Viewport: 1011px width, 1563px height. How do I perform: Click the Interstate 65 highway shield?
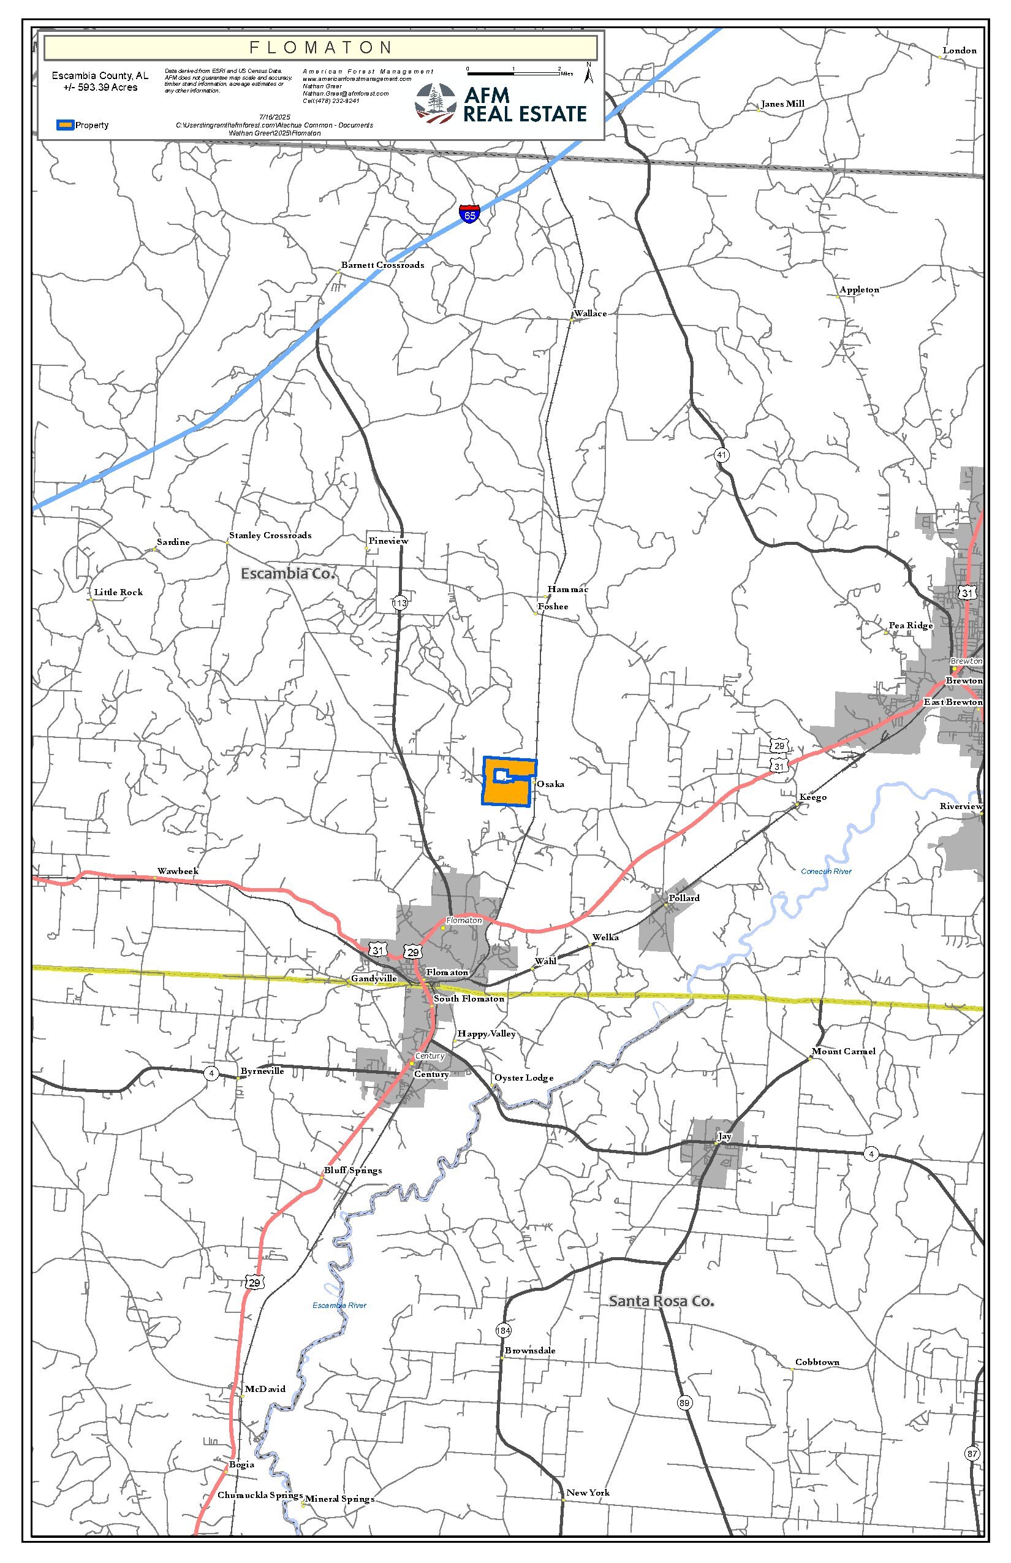469,214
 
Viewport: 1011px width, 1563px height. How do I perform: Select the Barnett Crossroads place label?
382,265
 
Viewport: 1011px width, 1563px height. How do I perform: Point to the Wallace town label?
590,314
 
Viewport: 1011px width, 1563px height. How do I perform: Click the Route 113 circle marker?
399,603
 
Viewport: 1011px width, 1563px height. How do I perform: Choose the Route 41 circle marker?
722,455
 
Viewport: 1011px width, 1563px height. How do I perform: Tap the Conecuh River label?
826,872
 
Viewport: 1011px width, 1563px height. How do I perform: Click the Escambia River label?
339,1306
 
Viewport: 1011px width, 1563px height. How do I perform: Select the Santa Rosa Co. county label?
661,1301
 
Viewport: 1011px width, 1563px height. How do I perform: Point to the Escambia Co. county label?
287,573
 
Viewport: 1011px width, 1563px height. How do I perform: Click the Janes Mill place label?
782,104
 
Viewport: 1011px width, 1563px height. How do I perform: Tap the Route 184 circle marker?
503,1331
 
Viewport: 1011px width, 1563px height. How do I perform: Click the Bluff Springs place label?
352,1170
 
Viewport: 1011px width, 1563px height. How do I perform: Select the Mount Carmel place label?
843,1051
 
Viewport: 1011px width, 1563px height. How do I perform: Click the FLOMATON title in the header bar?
320,47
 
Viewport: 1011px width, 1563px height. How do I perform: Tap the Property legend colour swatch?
65,125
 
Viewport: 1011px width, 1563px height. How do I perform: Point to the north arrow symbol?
589,74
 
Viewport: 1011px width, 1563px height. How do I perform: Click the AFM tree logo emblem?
434,103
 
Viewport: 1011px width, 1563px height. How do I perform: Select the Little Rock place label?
118,592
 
